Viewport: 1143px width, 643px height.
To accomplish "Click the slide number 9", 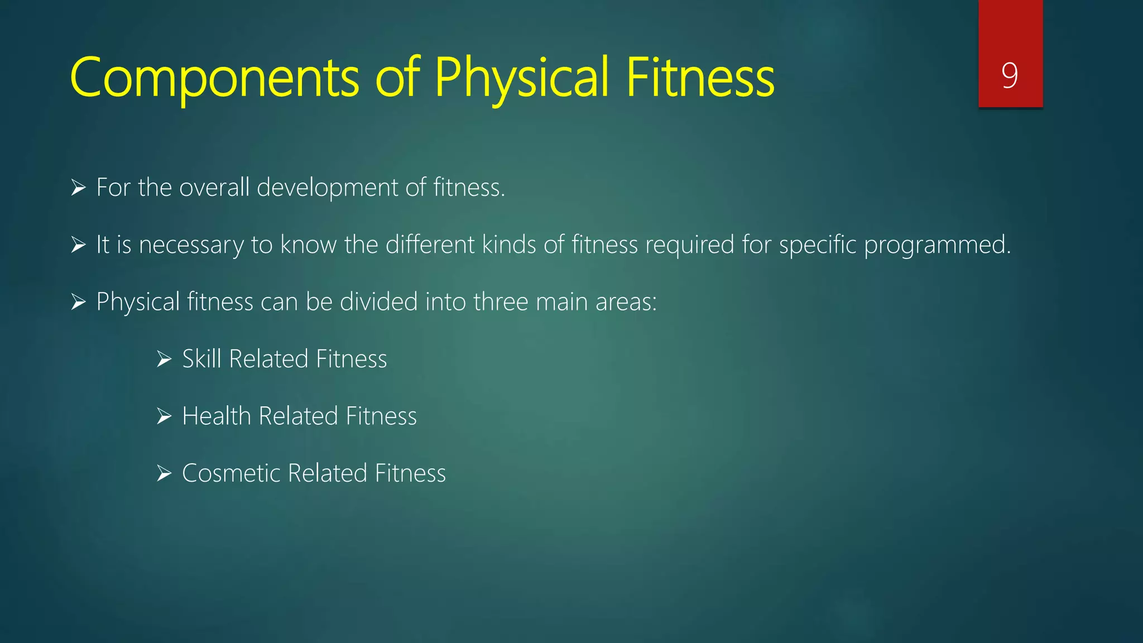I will click(x=1010, y=75).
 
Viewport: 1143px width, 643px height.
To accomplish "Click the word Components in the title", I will click(x=214, y=78).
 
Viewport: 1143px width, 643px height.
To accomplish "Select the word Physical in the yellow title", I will click(x=521, y=78).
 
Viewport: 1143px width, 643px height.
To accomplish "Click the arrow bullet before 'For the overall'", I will click(x=79, y=188).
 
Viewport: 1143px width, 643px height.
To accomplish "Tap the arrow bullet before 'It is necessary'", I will click(x=79, y=245).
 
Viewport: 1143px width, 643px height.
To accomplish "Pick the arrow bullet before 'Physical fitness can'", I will click(x=79, y=302).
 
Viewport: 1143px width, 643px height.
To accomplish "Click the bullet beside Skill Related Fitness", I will click(x=164, y=359).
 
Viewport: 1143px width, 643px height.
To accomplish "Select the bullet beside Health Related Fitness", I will click(x=164, y=416).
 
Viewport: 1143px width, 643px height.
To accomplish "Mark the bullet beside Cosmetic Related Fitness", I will click(x=164, y=473).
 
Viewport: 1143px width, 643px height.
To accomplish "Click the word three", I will click(x=501, y=302).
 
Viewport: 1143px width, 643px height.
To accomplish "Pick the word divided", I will click(x=379, y=302).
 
